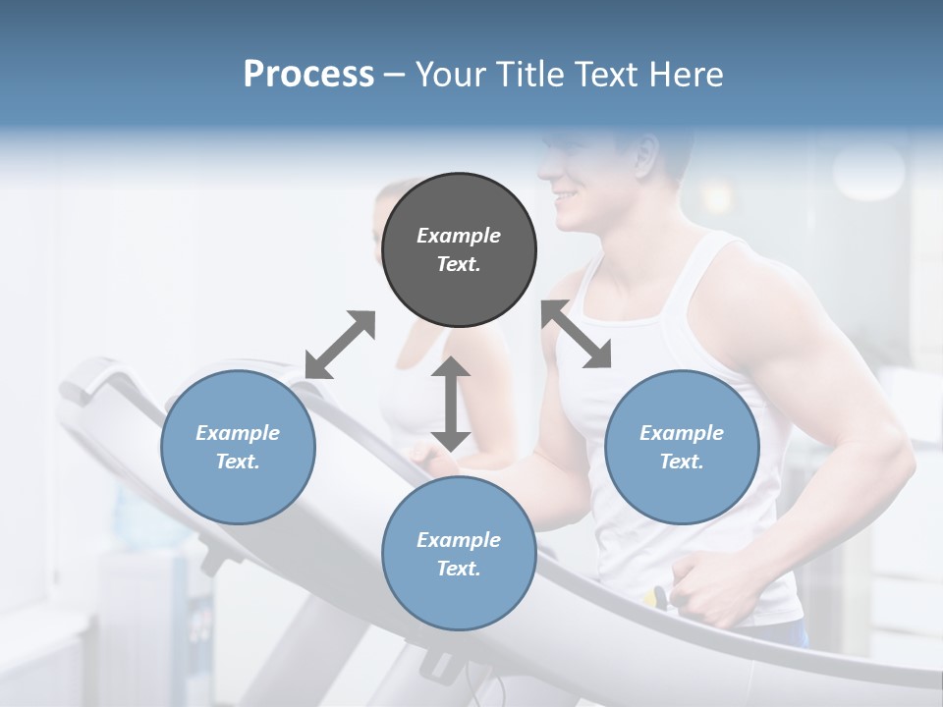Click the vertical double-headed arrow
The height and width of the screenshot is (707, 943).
click(x=451, y=404)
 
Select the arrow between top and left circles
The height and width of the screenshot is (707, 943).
click(x=340, y=345)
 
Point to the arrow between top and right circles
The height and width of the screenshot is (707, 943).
click(x=577, y=334)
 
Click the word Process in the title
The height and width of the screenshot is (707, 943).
click(x=308, y=74)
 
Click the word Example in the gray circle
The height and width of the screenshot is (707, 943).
click(x=459, y=236)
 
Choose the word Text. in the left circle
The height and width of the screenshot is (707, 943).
click(x=238, y=462)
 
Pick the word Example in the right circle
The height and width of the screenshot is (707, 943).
click(x=682, y=433)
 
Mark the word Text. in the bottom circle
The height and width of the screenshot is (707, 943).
click(x=459, y=569)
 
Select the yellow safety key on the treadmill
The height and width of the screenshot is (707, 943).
click(x=658, y=596)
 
